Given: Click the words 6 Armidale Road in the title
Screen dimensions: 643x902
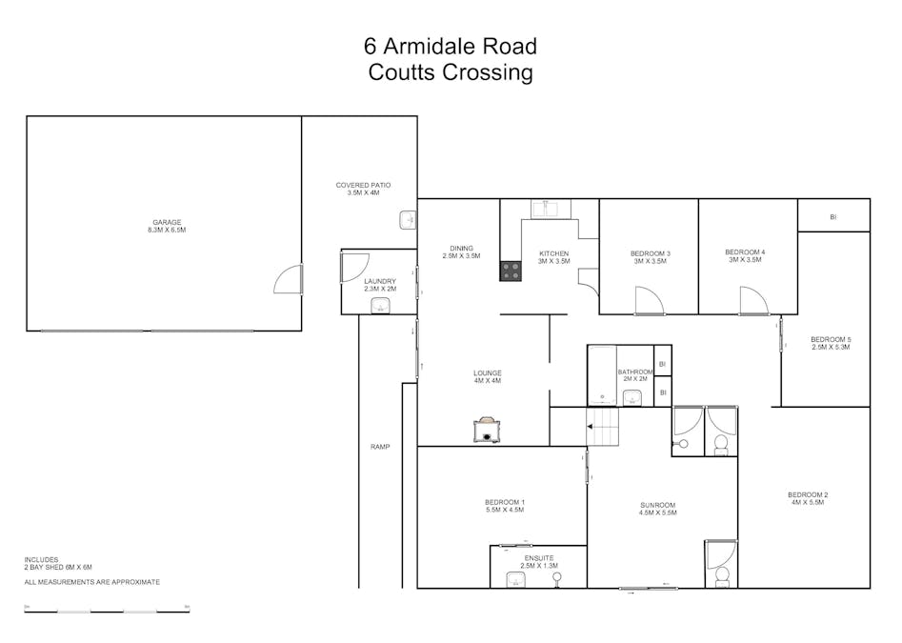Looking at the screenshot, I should coord(450,46).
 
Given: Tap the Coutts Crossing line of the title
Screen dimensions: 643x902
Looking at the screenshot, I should coord(450,72).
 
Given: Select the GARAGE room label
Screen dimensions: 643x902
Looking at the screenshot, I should coord(167,226).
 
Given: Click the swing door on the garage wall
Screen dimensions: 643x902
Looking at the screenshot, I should coord(289,279).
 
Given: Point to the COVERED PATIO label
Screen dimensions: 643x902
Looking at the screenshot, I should coord(363,189).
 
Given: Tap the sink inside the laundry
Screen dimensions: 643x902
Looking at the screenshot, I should coord(380,305).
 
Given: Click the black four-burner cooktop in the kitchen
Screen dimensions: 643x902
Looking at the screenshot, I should coord(511,271).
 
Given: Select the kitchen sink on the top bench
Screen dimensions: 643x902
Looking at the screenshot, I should coord(550,207).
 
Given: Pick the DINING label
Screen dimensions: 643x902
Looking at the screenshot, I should coord(462,252).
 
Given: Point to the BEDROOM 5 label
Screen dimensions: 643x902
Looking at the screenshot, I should coord(830,343).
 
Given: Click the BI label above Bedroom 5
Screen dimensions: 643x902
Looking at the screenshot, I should coord(833,217).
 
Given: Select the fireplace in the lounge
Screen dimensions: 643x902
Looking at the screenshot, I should coord(487,430).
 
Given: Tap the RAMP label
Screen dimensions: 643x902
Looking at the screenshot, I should coord(380,447).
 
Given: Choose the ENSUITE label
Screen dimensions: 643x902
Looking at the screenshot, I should coord(538,561).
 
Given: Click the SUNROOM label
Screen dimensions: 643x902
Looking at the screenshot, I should coord(657,509).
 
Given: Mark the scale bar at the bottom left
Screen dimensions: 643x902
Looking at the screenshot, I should coord(107,610).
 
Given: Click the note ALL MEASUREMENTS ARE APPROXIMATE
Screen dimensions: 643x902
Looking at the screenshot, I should coord(91,582).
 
